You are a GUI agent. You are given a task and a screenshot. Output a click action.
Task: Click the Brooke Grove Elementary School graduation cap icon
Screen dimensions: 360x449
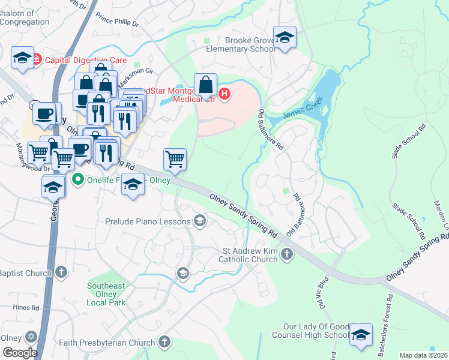[x=285, y=37]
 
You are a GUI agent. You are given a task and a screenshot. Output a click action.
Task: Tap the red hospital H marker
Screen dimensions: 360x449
[x=224, y=94]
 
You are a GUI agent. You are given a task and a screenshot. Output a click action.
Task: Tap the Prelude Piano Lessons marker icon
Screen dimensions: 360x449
[x=200, y=222]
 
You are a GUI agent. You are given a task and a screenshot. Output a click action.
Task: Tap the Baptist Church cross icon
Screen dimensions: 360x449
[x=60, y=273]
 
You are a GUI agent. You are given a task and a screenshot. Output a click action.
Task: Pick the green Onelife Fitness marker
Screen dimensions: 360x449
[x=77, y=179]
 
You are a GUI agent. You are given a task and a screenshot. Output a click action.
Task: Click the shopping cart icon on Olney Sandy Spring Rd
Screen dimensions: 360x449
[x=175, y=160]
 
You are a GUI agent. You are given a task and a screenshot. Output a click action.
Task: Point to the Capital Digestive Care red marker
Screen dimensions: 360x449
[x=36, y=59]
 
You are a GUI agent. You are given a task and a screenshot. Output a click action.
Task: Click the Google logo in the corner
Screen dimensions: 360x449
[x=19, y=352]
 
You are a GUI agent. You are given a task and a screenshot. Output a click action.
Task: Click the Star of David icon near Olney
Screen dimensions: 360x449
[x=31, y=337]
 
